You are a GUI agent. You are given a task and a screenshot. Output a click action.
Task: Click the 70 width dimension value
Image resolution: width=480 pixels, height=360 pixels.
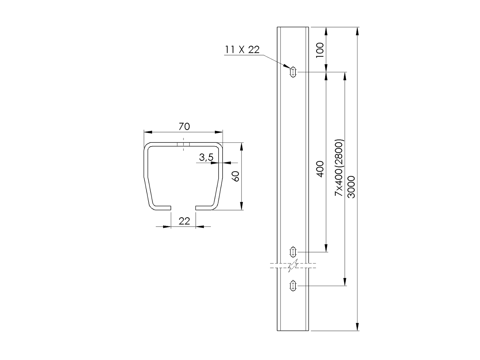pyautogui.click(x=184, y=126)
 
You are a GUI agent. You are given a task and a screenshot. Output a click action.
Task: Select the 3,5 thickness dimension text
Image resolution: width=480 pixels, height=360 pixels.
pyautogui.click(x=206, y=157)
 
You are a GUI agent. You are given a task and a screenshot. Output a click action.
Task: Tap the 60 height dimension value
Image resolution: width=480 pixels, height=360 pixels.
pyautogui.click(x=236, y=176)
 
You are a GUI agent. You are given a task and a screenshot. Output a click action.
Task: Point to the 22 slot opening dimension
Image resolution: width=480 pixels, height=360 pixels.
pyautogui.click(x=184, y=221)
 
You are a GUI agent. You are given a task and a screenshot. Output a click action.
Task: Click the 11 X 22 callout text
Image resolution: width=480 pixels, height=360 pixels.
pyautogui.click(x=242, y=50)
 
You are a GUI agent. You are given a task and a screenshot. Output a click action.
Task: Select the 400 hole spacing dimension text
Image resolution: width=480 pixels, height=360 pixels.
pyautogui.click(x=321, y=169)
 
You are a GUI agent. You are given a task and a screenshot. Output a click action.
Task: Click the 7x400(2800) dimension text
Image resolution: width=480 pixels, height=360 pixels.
pyautogui.click(x=339, y=168)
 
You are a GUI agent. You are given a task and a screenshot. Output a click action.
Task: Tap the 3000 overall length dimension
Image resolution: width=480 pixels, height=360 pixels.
pyautogui.click(x=352, y=187)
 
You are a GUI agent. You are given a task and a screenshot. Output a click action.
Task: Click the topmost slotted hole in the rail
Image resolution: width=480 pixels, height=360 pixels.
pyautogui.click(x=293, y=72)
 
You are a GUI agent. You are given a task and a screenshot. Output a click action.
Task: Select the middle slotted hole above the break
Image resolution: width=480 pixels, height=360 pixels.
pyautogui.click(x=293, y=252)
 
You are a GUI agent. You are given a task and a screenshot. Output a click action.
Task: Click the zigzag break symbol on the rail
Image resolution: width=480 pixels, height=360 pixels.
pyautogui.click(x=293, y=266)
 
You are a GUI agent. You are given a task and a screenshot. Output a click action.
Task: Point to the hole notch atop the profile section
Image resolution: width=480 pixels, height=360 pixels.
pyautogui.click(x=183, y=144)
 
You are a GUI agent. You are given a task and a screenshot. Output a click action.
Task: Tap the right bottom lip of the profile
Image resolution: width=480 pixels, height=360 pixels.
pyautogui.click(x=206, y=208)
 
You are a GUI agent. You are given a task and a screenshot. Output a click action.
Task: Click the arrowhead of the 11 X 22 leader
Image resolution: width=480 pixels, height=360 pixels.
pyautogui.click(x=287, y=67)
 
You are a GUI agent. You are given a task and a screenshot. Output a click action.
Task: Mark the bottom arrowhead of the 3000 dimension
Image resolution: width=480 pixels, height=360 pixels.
pyautogui.click(x=357, y=327)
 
